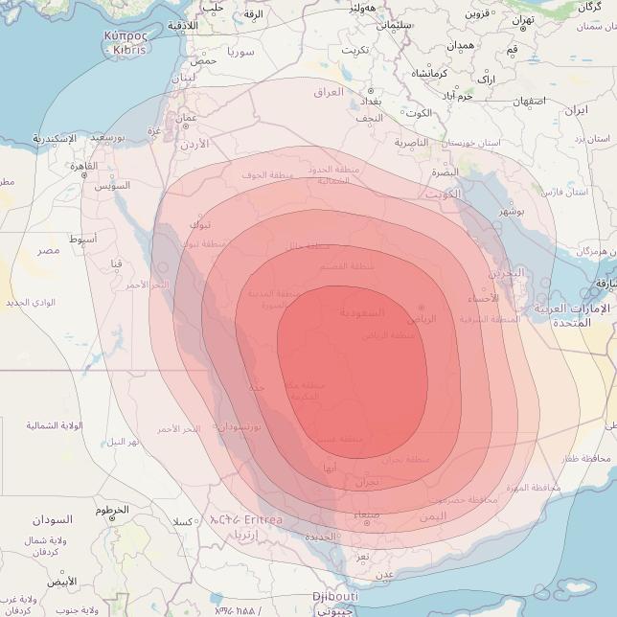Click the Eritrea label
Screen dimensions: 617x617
tap(259, 519)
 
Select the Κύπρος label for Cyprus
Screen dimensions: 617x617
tap(125, 34)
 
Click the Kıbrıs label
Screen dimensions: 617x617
tap(129, 49)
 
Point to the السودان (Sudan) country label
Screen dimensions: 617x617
tap(52, 519)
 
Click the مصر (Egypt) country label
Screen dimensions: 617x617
tap(48, 250)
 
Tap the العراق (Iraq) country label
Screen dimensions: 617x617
tap(328, 92)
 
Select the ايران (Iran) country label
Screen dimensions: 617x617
tap(575, 110)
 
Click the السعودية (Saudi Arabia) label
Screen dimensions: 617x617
tap(362, 312)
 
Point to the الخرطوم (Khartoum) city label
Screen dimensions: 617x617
tap(111, 510)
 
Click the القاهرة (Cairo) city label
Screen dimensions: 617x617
tap(77, 166)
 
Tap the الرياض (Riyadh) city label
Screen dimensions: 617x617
tap(422, 318)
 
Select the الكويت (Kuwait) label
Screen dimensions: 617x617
tap(445, 193)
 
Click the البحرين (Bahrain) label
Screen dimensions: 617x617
tap(509, 273)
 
